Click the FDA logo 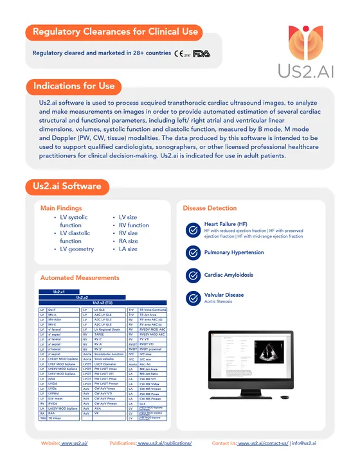pos(202,53)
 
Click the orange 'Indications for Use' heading pos(74,86)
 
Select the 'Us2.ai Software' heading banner pos(67,186)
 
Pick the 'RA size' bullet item pos(128,241)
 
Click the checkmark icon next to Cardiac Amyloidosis pos(192,275)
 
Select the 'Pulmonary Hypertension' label pos(234,252)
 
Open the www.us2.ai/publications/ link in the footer pos(164,443)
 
